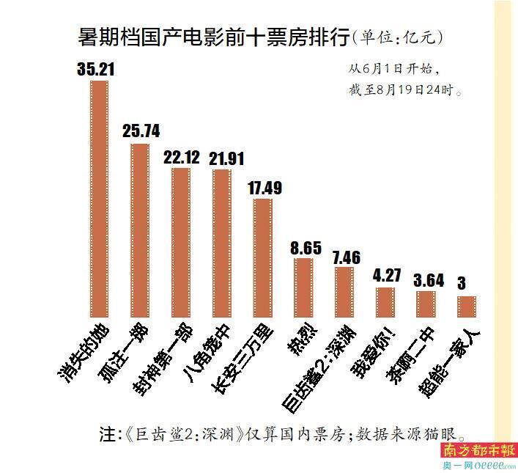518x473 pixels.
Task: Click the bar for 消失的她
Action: (99, 198)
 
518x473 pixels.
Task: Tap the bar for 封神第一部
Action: (181, 242)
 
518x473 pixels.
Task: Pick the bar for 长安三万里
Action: (263, 257)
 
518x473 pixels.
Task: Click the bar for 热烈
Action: (303, 287)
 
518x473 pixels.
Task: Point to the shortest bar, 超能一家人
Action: (467, 306)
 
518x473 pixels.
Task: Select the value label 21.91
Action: (222, 158)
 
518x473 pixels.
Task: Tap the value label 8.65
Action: (305, 248)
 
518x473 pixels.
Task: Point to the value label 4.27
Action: (385, 277)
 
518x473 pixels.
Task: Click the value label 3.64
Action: (427, 281)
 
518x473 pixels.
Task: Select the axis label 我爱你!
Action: (371, 352)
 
